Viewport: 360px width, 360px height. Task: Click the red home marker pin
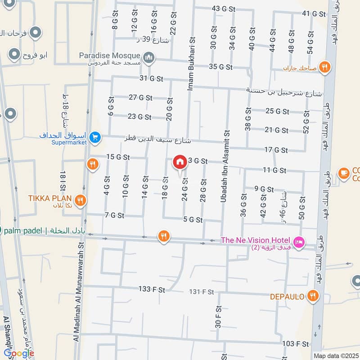(180, 162)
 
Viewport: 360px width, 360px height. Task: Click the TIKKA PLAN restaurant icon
(81, 200)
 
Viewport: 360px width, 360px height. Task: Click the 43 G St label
(224, 9)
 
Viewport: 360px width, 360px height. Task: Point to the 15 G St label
(118, 157)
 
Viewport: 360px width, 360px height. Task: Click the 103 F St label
(296, 344)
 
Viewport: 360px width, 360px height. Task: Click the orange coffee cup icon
(344, 173)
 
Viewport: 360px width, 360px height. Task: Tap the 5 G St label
(193, 220)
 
